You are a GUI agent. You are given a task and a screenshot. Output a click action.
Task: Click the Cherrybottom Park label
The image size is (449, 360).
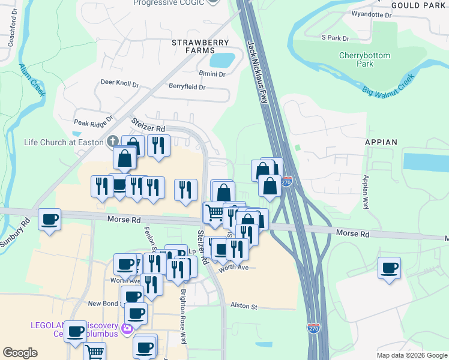(x=365, y=59)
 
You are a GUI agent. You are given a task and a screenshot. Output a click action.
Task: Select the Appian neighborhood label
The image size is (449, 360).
(x=381, y=142)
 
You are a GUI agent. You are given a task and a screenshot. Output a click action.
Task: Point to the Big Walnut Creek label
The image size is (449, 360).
(x=389, y=85)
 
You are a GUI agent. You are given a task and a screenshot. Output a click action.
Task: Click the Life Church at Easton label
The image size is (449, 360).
(x=63, y=142)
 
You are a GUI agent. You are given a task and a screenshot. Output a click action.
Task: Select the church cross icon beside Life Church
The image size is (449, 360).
(x=112, y=142)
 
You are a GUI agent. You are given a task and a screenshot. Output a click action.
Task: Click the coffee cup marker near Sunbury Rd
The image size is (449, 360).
(x=49, y=218)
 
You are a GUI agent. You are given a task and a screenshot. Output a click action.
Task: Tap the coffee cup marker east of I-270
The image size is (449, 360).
(x=389, y=267)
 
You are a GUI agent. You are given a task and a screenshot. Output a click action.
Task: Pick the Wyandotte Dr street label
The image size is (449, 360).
(x=371, y=14)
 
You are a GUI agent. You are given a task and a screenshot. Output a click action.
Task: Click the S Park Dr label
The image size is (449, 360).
(x=335, y=38)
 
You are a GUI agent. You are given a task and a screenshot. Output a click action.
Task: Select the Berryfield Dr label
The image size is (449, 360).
(x=187, y=87)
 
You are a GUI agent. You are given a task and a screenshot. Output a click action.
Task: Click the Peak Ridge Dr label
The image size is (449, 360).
(x=93, y=121)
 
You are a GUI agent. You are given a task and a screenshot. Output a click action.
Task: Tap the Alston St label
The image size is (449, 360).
(x=244, y=307)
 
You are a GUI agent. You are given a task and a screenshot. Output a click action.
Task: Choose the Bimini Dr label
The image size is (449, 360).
(x=212, y=74)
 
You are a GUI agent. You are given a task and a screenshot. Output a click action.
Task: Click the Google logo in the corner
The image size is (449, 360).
(x=20, y=353)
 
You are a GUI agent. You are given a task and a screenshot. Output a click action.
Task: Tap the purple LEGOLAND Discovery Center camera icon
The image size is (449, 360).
(x=126, y=328)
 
